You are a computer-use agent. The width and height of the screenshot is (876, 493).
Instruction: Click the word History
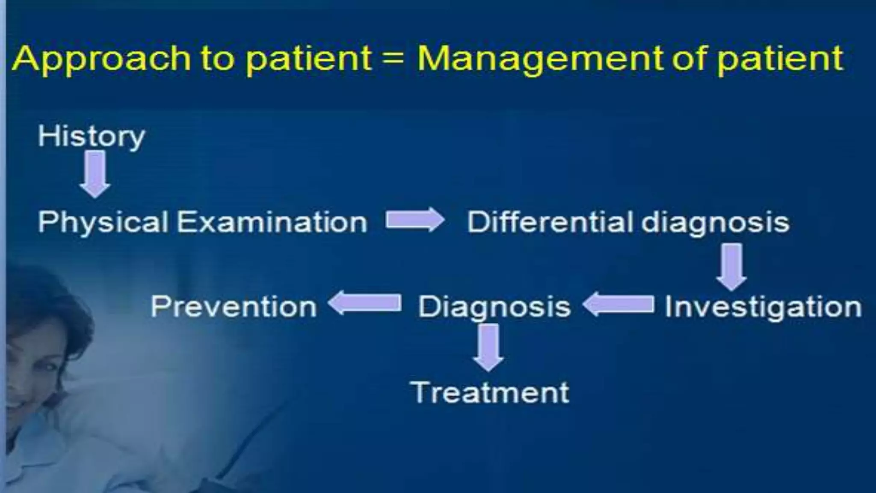tap(91, 137)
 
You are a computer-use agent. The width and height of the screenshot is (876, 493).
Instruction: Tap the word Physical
tap(103, 222)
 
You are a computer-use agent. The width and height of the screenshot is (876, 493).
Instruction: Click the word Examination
tap(272, 222)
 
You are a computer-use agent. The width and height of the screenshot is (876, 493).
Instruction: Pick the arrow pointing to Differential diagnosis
tap(414, 220)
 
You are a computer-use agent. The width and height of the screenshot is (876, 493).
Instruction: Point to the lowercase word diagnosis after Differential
tap(716, 223)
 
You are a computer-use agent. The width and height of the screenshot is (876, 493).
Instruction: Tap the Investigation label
tap(763, 307)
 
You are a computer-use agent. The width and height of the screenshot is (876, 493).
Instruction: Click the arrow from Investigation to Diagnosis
tap(619, 305)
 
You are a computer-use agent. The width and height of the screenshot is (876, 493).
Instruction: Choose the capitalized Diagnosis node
tap(494, 307)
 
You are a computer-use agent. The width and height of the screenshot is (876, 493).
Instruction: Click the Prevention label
tap(234, 307)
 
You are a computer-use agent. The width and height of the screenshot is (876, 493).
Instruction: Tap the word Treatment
tap(490, 392)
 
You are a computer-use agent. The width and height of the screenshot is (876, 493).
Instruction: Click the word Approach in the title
tap(101, 59)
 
